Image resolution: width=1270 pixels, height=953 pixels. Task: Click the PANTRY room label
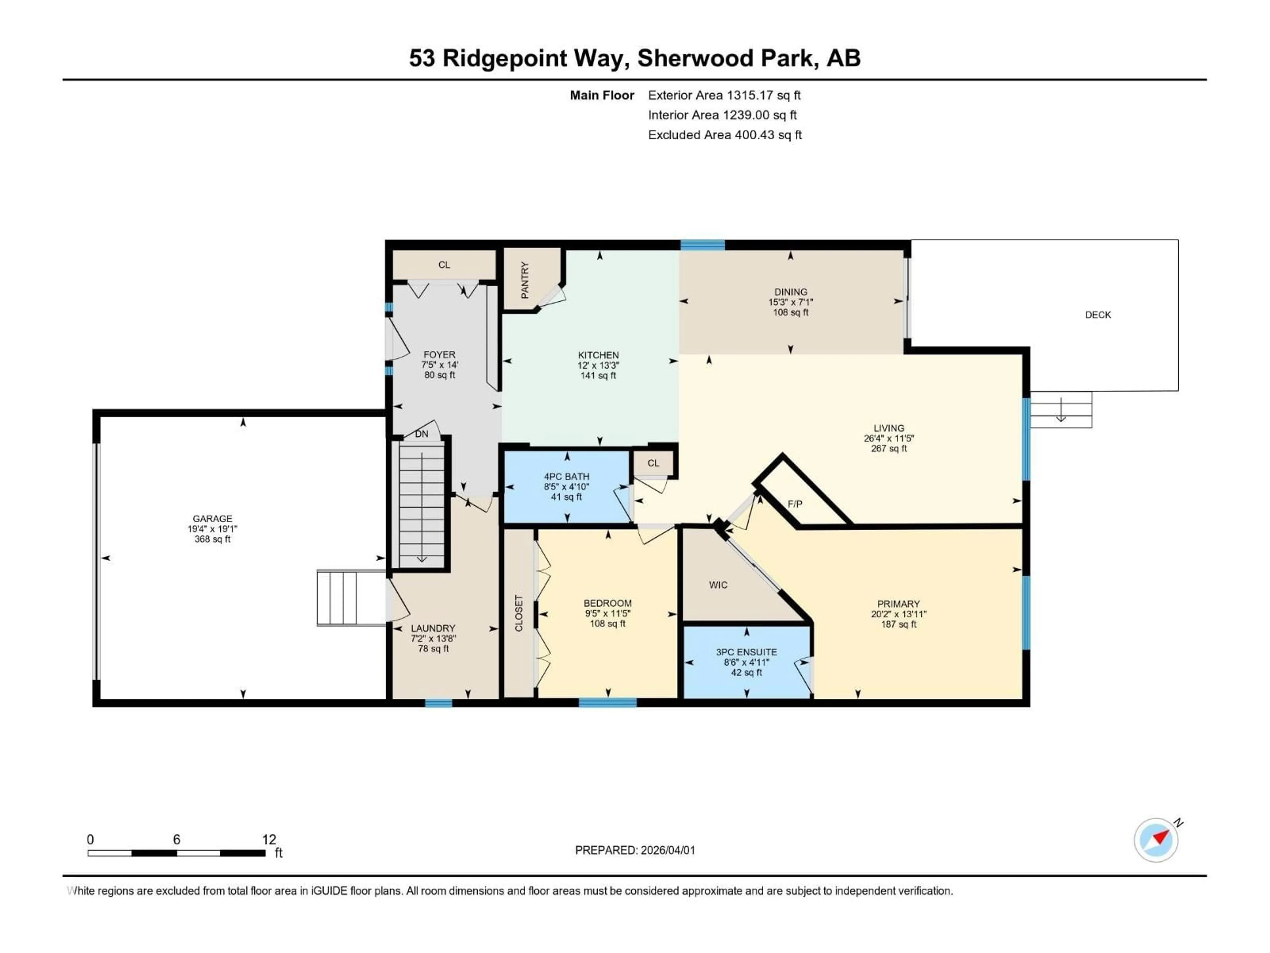coord(525,280)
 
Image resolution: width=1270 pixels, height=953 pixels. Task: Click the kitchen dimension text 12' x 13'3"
coord(598,365)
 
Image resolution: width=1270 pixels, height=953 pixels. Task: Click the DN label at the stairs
coord(421,434)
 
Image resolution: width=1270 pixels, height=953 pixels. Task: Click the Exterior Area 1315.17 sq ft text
coord(724,95)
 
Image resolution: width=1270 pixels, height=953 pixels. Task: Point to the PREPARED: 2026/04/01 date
coord(635,850)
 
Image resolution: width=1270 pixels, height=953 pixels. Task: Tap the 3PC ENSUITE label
coord(746,652)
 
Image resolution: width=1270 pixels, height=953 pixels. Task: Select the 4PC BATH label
coord(567,476)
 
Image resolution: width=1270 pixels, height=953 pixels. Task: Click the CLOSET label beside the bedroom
coord(519,613)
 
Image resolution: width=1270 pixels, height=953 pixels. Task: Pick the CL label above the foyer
coord(444,265)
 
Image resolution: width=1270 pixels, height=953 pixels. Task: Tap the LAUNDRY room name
coord(433,628)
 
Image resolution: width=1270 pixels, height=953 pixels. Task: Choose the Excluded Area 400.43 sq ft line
coord(725,135)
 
